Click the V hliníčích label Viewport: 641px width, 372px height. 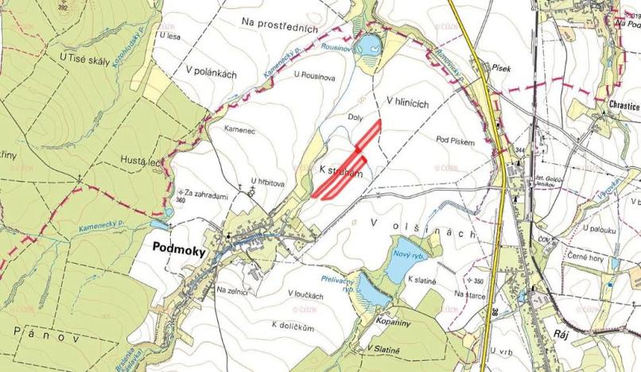pyautogui.click(x=407, y=102)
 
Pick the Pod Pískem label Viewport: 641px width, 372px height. pyautogui.click(x=455, y=140)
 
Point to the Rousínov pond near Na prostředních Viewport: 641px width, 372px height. pyautogui.click(x=368, y=46)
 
